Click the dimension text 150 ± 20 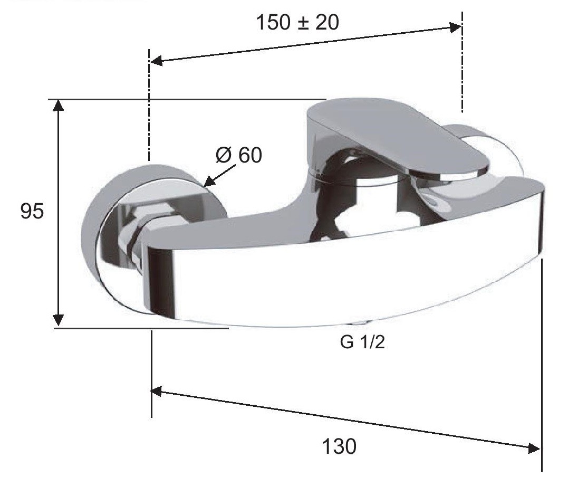point(297,23)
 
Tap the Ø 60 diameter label point(239,155)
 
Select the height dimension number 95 point(32,211)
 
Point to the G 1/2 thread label point(362,342)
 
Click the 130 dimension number point(339,446)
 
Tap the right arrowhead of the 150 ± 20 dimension point(455,27)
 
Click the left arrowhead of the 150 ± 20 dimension point(156,61)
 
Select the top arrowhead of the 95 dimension point(59,105)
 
